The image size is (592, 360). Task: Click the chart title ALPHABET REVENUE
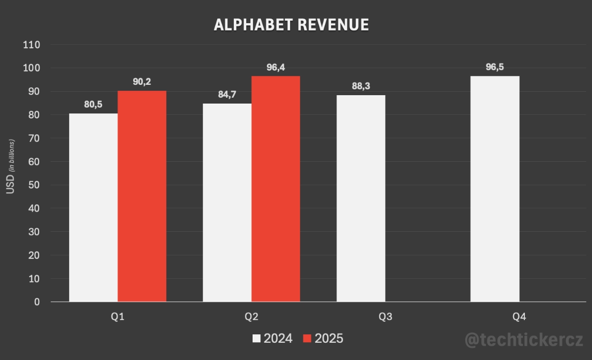coord(291,25)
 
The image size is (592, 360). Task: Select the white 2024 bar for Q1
coord(93,207)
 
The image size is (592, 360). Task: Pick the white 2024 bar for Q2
coord(227,202)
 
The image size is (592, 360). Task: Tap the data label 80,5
coord(93,105)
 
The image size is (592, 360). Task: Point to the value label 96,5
coord(495,67)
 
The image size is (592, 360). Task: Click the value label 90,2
coord(142,82)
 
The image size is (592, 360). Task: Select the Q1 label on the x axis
coord(117,317)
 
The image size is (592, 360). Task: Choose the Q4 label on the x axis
coord(519,317)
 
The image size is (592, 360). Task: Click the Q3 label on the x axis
coord(385,317)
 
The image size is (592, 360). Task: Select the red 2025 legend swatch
coord(307,339)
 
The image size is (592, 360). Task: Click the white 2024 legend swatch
coord(257,339)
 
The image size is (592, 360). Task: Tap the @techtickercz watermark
coord(524,339)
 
